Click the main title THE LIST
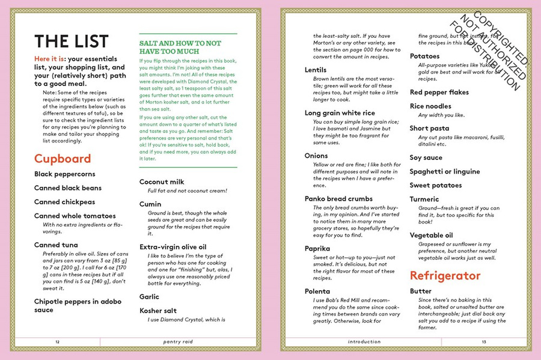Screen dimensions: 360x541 (72, 41)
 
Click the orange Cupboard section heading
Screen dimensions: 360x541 (63, 159)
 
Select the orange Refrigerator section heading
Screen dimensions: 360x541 (445, 275)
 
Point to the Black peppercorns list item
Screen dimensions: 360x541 (65, 174)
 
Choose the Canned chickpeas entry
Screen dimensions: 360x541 (64, 202)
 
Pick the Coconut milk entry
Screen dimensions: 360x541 (162, 182)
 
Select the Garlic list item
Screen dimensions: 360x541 (149, 296)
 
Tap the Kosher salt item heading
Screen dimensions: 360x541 (158, 310)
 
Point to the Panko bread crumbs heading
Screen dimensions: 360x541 (338, 198)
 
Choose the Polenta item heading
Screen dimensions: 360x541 (319, 290)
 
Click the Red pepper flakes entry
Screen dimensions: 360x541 (439, 92)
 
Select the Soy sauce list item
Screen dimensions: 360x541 (426, 157)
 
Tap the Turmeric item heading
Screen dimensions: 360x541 (424, 199)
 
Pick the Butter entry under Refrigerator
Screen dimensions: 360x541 (421, 291)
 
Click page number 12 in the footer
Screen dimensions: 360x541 (57, 341)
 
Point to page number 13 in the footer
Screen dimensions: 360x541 (483, 341)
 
